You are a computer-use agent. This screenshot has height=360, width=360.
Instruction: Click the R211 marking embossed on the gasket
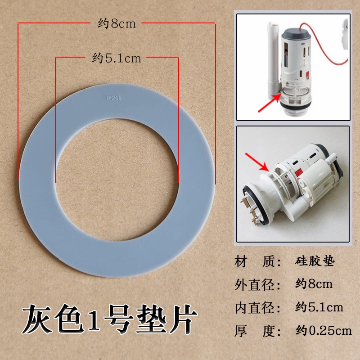tap(114, 98)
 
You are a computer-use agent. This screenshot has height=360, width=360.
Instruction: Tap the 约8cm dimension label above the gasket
tap(117, 24)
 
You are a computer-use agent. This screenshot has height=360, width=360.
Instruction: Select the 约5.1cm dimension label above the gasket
tap(117, 58)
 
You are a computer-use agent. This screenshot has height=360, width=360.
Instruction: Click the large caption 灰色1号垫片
tap(109, 319)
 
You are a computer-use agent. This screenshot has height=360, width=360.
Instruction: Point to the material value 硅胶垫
tap(315, 261)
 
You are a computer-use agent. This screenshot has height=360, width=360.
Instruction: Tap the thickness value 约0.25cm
tap(324, 331)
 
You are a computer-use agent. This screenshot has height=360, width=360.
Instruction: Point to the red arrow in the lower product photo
tap(257, 162)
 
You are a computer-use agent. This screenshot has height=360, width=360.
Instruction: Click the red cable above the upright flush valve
tap(325, 44)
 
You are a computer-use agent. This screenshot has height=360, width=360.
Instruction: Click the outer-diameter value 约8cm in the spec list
tap(314, 284)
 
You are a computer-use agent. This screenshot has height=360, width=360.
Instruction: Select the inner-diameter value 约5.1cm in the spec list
tap(319, 307)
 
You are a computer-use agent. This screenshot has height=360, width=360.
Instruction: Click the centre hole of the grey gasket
tap(117, 180)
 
